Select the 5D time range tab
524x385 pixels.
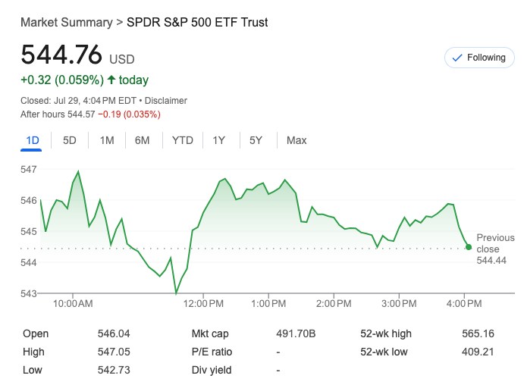[x=70, y=140]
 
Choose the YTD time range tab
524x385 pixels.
[x=183, y=140]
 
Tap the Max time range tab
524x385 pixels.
[x=297, y=140]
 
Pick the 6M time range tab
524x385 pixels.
[x=143, y=140]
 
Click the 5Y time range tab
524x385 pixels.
[x=256, y=140]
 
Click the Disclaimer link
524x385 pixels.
[x=166, y=101]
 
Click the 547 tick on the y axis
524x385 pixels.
[x=29, y=169]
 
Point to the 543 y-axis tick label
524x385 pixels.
[x=29, y=293]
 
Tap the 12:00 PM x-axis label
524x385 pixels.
[x=204, y=304]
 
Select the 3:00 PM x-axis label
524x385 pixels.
[x=398, y=304]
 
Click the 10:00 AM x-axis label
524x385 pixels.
[x=74, y=304]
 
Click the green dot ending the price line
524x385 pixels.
[x=469, y=247]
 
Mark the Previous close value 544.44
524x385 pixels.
[x=491, y=261]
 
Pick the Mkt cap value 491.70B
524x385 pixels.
[x=296, y=333]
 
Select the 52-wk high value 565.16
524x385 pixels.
[x=478, y=333]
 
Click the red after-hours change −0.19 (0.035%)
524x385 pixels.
[x=129, y=114]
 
